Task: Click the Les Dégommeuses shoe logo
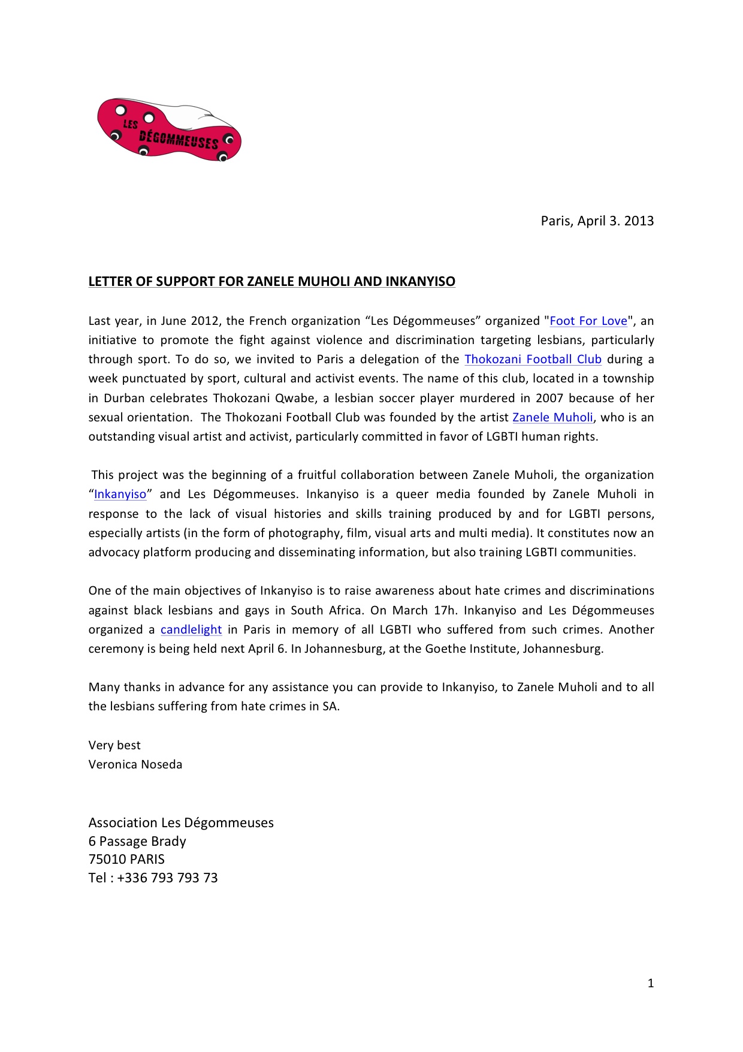[x=169, y=130]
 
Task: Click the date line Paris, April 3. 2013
[x=597, y=221]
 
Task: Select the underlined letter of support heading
[x=271, y=281]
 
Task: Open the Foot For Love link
[x=588, y=321]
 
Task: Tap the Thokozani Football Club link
[x=533, y=359]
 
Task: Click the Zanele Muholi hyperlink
[x=552, y=417]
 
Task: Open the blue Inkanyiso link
[x=120, y=494]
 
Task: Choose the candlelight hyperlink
[x=191, y=629]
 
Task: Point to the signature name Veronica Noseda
[x=135, y=764]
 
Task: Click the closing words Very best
[x=114, y=745]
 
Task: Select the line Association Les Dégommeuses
[x=181, y=822]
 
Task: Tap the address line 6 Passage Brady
[x=137, y=841]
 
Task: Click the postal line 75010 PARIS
[x=126, y=859]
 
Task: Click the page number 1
[x=651, y=983]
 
